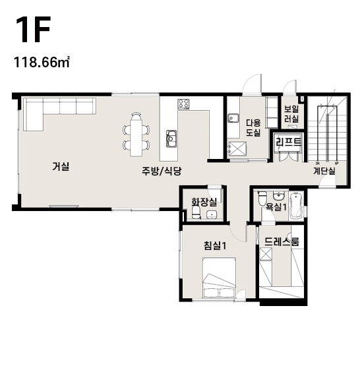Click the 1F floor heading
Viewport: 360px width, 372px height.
(33, 30)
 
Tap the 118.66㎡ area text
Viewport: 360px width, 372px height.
(42, 62)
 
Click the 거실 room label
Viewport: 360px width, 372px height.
(61, 166)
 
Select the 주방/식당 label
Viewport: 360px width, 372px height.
(162, 171)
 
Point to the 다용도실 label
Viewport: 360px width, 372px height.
(253, 128)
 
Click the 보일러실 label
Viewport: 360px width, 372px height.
(291, 114)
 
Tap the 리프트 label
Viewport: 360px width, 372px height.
(288, 142)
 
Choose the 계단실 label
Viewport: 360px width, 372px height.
(324, 171)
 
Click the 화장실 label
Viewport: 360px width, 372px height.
(204, 202)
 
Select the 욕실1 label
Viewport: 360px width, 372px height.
(276, 207)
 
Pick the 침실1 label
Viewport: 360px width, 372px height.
(215, 245)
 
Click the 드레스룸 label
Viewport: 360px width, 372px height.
(282, 241)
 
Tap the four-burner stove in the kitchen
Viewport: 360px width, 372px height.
(183, 104)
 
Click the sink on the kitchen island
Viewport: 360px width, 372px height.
(171, 139)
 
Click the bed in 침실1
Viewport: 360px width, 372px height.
(219, 278)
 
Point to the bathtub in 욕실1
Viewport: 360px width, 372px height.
(296, 205)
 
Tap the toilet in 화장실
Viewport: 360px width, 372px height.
(196, 212)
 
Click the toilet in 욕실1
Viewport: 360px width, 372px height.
(262, 199)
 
